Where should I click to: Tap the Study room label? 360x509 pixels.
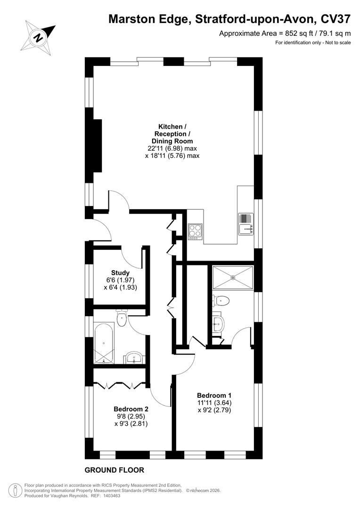[x=120, y=272]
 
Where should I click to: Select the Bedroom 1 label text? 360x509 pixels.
[x=214, y=395]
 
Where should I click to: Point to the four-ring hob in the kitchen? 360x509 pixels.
[x=195, y=231]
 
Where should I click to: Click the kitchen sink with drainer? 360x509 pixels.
[x=246, y=223]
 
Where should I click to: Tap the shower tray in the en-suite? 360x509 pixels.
[x=233, y=277]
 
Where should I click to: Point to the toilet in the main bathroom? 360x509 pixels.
[x=122, y=319]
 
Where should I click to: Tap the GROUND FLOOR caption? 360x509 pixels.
[x=114, y=470]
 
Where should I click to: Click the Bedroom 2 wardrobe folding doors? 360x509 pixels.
[x=120, y=385]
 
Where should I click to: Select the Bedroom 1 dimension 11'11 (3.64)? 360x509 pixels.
[x=214, y=402]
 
